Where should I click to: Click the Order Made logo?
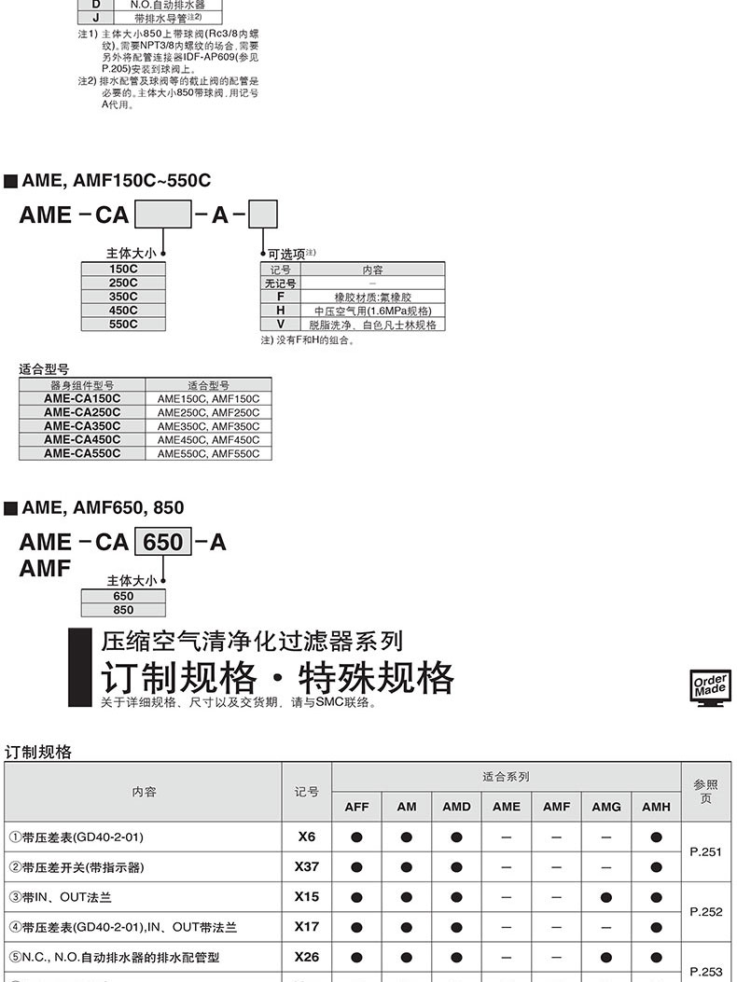(x=712, y=688)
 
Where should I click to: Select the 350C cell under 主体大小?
(x=124, y=297)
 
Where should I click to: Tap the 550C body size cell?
(x=124, y=325)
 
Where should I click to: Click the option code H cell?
(x=280, y=311)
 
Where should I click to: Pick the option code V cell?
(x=280, y=325)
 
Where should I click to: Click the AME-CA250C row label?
(x=82, y=411)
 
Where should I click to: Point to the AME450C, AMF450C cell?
(x=208, y=439)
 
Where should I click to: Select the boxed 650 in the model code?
(x=163, y=542)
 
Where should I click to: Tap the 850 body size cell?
(x=123, y=610)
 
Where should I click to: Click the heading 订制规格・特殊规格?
(x=277, y=678)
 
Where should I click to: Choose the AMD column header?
(x=456, y=807)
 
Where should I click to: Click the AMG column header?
(x=606, y=807)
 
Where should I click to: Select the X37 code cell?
(x=306, y=866)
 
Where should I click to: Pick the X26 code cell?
(x=306, y=957)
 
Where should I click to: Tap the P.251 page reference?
(x=705, y=851)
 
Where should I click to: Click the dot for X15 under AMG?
(x=606, y=897)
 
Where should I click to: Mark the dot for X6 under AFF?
(x=356, y=837)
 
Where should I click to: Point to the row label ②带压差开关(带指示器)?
(x=76, y=867)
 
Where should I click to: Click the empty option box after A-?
(x=262, y=215)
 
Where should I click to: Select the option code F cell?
(x=280, y=297)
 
